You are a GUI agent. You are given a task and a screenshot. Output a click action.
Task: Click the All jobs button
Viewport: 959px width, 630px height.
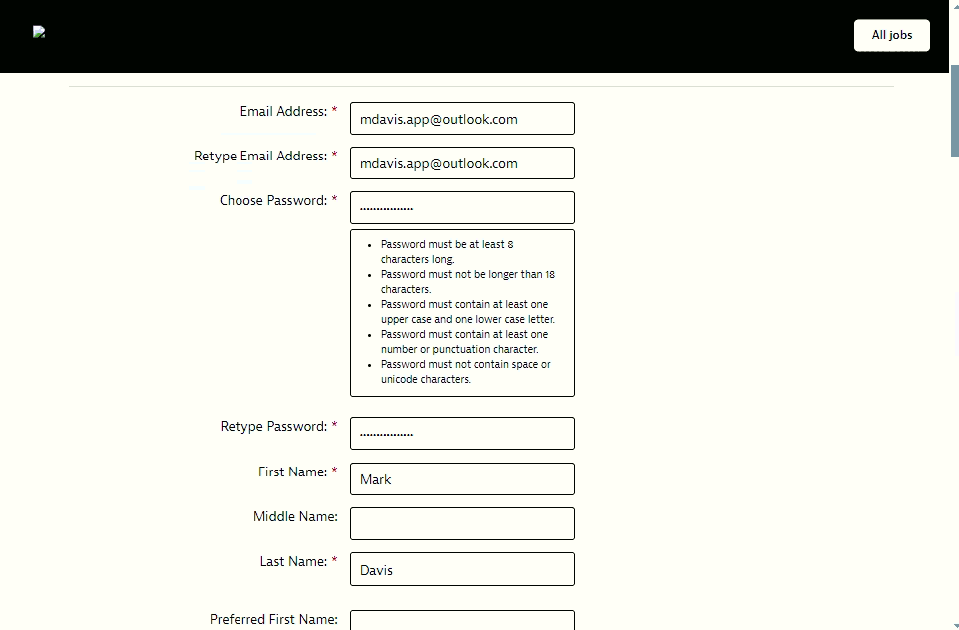coord(891,35)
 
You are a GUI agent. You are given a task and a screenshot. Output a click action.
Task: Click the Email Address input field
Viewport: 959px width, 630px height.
coord(462,118)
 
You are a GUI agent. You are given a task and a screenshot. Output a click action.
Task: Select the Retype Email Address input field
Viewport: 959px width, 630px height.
coord(462,162)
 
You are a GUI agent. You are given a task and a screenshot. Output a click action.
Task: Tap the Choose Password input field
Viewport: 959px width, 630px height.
coord(462,207)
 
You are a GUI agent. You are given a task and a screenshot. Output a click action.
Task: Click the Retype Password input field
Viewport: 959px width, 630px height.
coord(462,433)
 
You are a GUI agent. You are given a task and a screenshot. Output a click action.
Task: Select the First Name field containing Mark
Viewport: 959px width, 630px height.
coord(462,478)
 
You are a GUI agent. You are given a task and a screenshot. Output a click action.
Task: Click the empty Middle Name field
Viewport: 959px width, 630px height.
coord(462,523)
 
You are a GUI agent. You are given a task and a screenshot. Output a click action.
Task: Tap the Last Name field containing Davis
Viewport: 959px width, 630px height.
coord(462,569)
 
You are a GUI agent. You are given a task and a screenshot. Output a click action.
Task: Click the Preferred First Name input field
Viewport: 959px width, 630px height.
coord(462,621)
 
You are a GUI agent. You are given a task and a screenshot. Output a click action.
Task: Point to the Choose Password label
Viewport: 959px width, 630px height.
coord(272,200)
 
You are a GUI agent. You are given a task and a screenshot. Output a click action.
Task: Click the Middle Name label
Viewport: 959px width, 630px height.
coord(295,516)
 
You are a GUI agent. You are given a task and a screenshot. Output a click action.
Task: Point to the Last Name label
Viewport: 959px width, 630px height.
coord(293,561)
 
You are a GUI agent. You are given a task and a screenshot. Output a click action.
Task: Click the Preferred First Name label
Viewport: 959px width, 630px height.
coord(273,619)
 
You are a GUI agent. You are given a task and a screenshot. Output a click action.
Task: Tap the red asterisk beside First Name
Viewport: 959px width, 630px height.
coord(335,472)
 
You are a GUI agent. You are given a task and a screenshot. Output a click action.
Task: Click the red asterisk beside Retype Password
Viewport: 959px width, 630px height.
coord(335,426)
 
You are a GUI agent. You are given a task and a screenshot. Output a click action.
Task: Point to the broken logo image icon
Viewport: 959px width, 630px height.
coord(39,32)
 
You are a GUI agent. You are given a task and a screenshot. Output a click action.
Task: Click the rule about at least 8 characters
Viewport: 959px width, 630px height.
coord(447,251)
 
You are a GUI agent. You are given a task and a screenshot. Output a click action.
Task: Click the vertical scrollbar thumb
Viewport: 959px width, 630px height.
coord(954,110)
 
